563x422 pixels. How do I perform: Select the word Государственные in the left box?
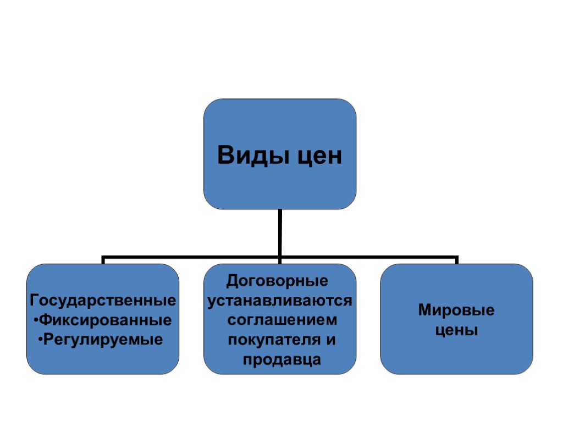pos(103,301)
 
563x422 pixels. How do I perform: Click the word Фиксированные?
pos(107,320)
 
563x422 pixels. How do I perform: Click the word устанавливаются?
pos(280,301)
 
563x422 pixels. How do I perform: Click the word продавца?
pos(280,360)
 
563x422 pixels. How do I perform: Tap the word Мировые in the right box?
pos(456,311)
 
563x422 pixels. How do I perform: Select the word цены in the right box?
pos(456,331)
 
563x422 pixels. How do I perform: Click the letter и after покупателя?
pos(330,340)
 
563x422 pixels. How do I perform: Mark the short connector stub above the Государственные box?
pos(103,260)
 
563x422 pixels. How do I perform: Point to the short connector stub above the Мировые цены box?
pos(456,260)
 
